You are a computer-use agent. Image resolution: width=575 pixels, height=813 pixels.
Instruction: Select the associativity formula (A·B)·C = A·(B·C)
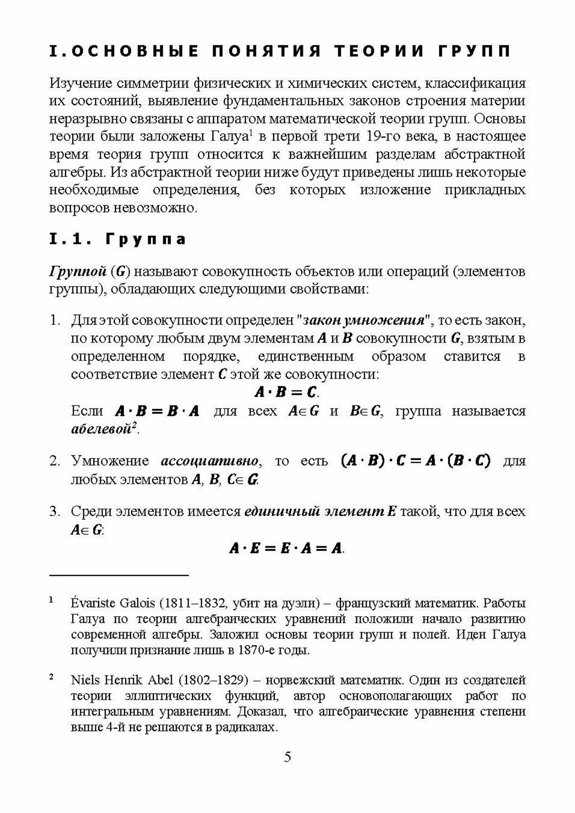pyautogui.click(x=415, y=461)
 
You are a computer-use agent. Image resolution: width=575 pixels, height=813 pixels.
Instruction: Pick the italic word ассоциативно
pyautogui.click(x=209, y=461)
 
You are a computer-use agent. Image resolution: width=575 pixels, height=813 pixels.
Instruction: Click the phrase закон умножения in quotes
pyautogui.click(x=364, y=320)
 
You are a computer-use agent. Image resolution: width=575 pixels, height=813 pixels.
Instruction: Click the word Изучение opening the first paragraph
pyautogui.click(x=81, y=83)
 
